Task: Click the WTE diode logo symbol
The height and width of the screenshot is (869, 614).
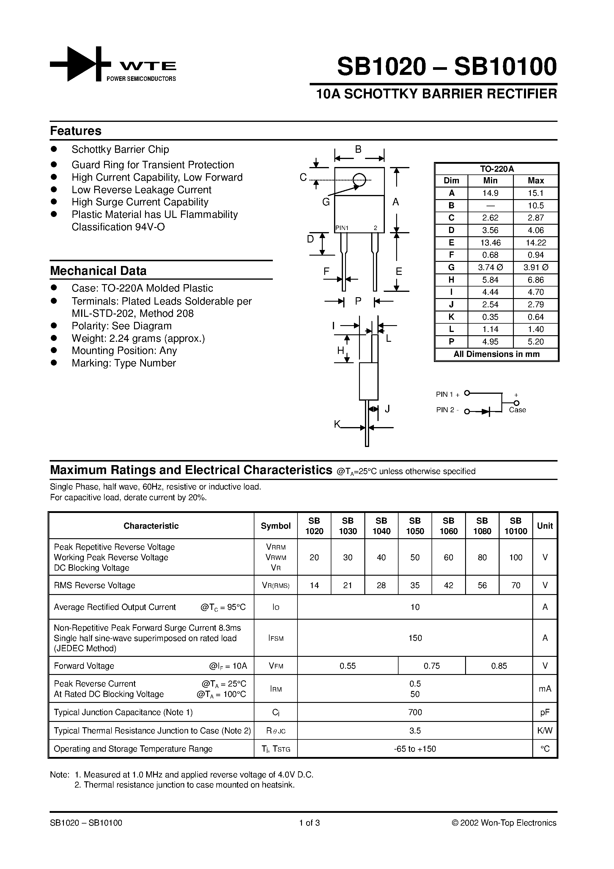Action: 81,64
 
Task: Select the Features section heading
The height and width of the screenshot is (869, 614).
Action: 76,131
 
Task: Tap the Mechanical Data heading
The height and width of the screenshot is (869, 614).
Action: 98,271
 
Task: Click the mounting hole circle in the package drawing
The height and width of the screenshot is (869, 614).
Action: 359,180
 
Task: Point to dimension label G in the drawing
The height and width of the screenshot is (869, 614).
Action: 326,202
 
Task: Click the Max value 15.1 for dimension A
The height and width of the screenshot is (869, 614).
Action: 535,193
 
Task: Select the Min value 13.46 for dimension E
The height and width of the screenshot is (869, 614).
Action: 490,243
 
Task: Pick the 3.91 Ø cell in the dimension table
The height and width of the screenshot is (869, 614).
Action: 536,267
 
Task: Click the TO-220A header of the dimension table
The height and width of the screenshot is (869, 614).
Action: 497,169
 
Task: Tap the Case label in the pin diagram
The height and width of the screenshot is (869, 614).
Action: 517,410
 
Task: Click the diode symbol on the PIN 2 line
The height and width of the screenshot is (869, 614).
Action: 486,411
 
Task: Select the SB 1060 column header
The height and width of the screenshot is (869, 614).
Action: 448,526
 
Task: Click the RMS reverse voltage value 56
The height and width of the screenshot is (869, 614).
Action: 482,585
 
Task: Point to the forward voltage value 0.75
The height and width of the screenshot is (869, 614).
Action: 432,666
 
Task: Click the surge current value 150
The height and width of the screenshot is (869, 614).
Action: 415,638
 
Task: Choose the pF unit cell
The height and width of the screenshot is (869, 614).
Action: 545,712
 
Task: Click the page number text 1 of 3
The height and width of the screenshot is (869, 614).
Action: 309,823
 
